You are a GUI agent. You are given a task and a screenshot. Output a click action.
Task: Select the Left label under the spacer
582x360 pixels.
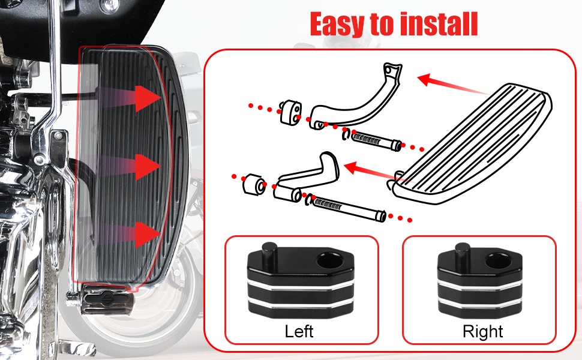tap(299, 331)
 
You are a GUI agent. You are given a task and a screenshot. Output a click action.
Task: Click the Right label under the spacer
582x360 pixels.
tap(482, 331)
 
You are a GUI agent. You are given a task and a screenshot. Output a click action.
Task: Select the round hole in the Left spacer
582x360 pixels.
tap(329, 260)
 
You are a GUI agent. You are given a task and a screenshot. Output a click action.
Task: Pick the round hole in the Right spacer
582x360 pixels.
tap(498, 260)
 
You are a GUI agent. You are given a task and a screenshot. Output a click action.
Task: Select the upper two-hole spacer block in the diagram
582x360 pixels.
tap(290, 112)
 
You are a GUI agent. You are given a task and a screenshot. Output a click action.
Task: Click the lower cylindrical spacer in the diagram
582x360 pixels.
tap(254, 184)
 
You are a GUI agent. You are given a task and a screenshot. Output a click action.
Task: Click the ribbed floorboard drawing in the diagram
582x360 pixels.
tap(472, 144)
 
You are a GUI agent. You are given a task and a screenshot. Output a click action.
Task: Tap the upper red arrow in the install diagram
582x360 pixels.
tap(452, 85)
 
